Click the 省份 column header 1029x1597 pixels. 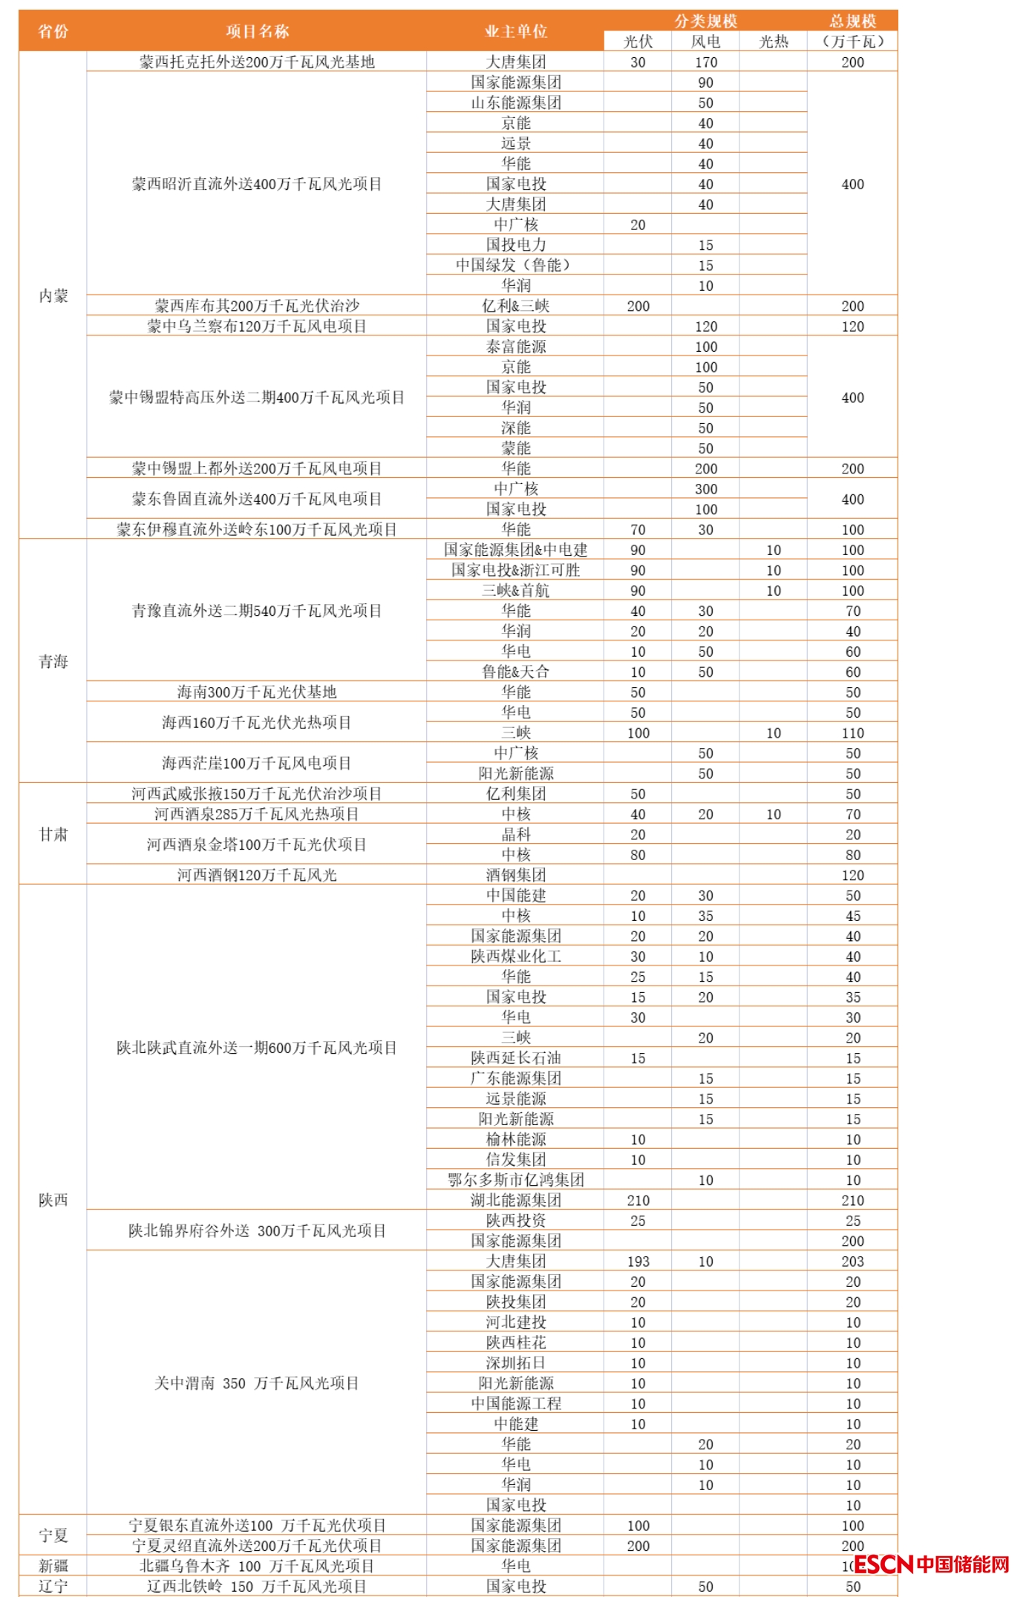coord(53,31)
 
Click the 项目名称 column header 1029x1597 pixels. coord(257,31)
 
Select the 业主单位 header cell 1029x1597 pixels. coord(515,31)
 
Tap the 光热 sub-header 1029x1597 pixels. coord(773,42)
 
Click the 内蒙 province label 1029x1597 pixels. coord(53,296)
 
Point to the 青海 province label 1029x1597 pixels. coord(53,661)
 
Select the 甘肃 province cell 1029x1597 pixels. coord(53,834)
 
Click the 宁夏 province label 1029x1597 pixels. coord(53,1535)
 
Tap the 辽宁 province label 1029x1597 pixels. coord(53,1586)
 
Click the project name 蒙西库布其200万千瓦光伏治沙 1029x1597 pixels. coord(257,306)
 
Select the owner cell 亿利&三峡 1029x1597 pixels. coord(515,306)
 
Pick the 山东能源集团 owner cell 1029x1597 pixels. coord(515,102)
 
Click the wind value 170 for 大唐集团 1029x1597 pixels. coord(705,62)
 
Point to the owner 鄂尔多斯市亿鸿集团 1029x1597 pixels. coord(515,1180)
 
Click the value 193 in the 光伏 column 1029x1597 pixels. coord(638,1262)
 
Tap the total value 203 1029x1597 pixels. coord(852,1262)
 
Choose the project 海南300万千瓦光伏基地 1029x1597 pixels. coord(257,692)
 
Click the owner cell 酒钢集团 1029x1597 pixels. coord(515,875)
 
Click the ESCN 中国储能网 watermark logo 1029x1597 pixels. coord(932,1564)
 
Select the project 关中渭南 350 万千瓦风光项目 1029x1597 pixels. coord(257,1383)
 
